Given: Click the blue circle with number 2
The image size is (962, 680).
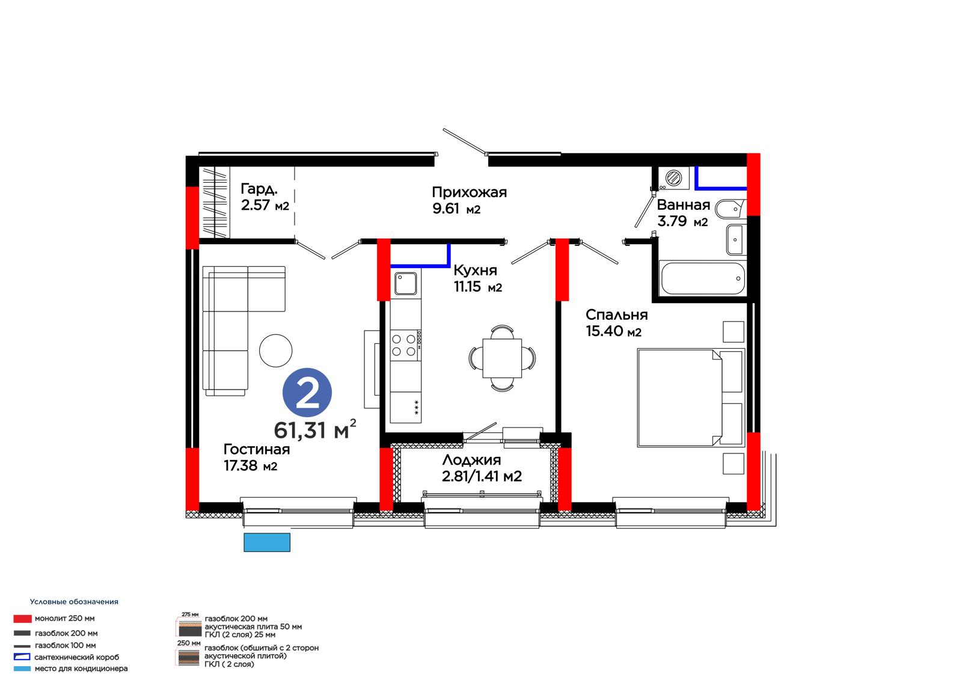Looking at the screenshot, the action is [307, 392].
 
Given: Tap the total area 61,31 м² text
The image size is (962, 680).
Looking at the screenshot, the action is [315, 429].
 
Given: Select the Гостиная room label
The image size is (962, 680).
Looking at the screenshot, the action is [256, 457].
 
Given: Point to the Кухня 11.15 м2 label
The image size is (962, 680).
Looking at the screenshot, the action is [477, 278].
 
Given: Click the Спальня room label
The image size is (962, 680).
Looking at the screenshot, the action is [617, 323].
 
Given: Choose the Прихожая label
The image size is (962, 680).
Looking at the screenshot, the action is [470, 200].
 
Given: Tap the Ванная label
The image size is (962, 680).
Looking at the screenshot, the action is [683, 213].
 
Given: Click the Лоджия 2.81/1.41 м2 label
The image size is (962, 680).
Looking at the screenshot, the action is [482, 468].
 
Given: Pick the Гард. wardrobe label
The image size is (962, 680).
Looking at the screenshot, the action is [265, 197].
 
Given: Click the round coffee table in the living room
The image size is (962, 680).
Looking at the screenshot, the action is [276, 351].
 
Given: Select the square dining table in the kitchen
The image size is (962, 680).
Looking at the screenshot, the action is [502, 358].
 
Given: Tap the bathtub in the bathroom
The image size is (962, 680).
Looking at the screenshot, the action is [703, 278].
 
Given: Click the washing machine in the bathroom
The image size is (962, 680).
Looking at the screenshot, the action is [673, 178].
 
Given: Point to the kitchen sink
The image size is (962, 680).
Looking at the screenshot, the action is [405, 284].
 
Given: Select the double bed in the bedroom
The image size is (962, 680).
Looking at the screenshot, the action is [691, 398].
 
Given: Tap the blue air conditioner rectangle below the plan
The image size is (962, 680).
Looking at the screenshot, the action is [267, 542].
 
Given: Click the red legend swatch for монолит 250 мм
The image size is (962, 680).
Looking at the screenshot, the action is [22, 619].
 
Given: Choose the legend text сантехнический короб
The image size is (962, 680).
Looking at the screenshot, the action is [77, 657].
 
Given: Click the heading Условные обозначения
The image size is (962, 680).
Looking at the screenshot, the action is [74, 602].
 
